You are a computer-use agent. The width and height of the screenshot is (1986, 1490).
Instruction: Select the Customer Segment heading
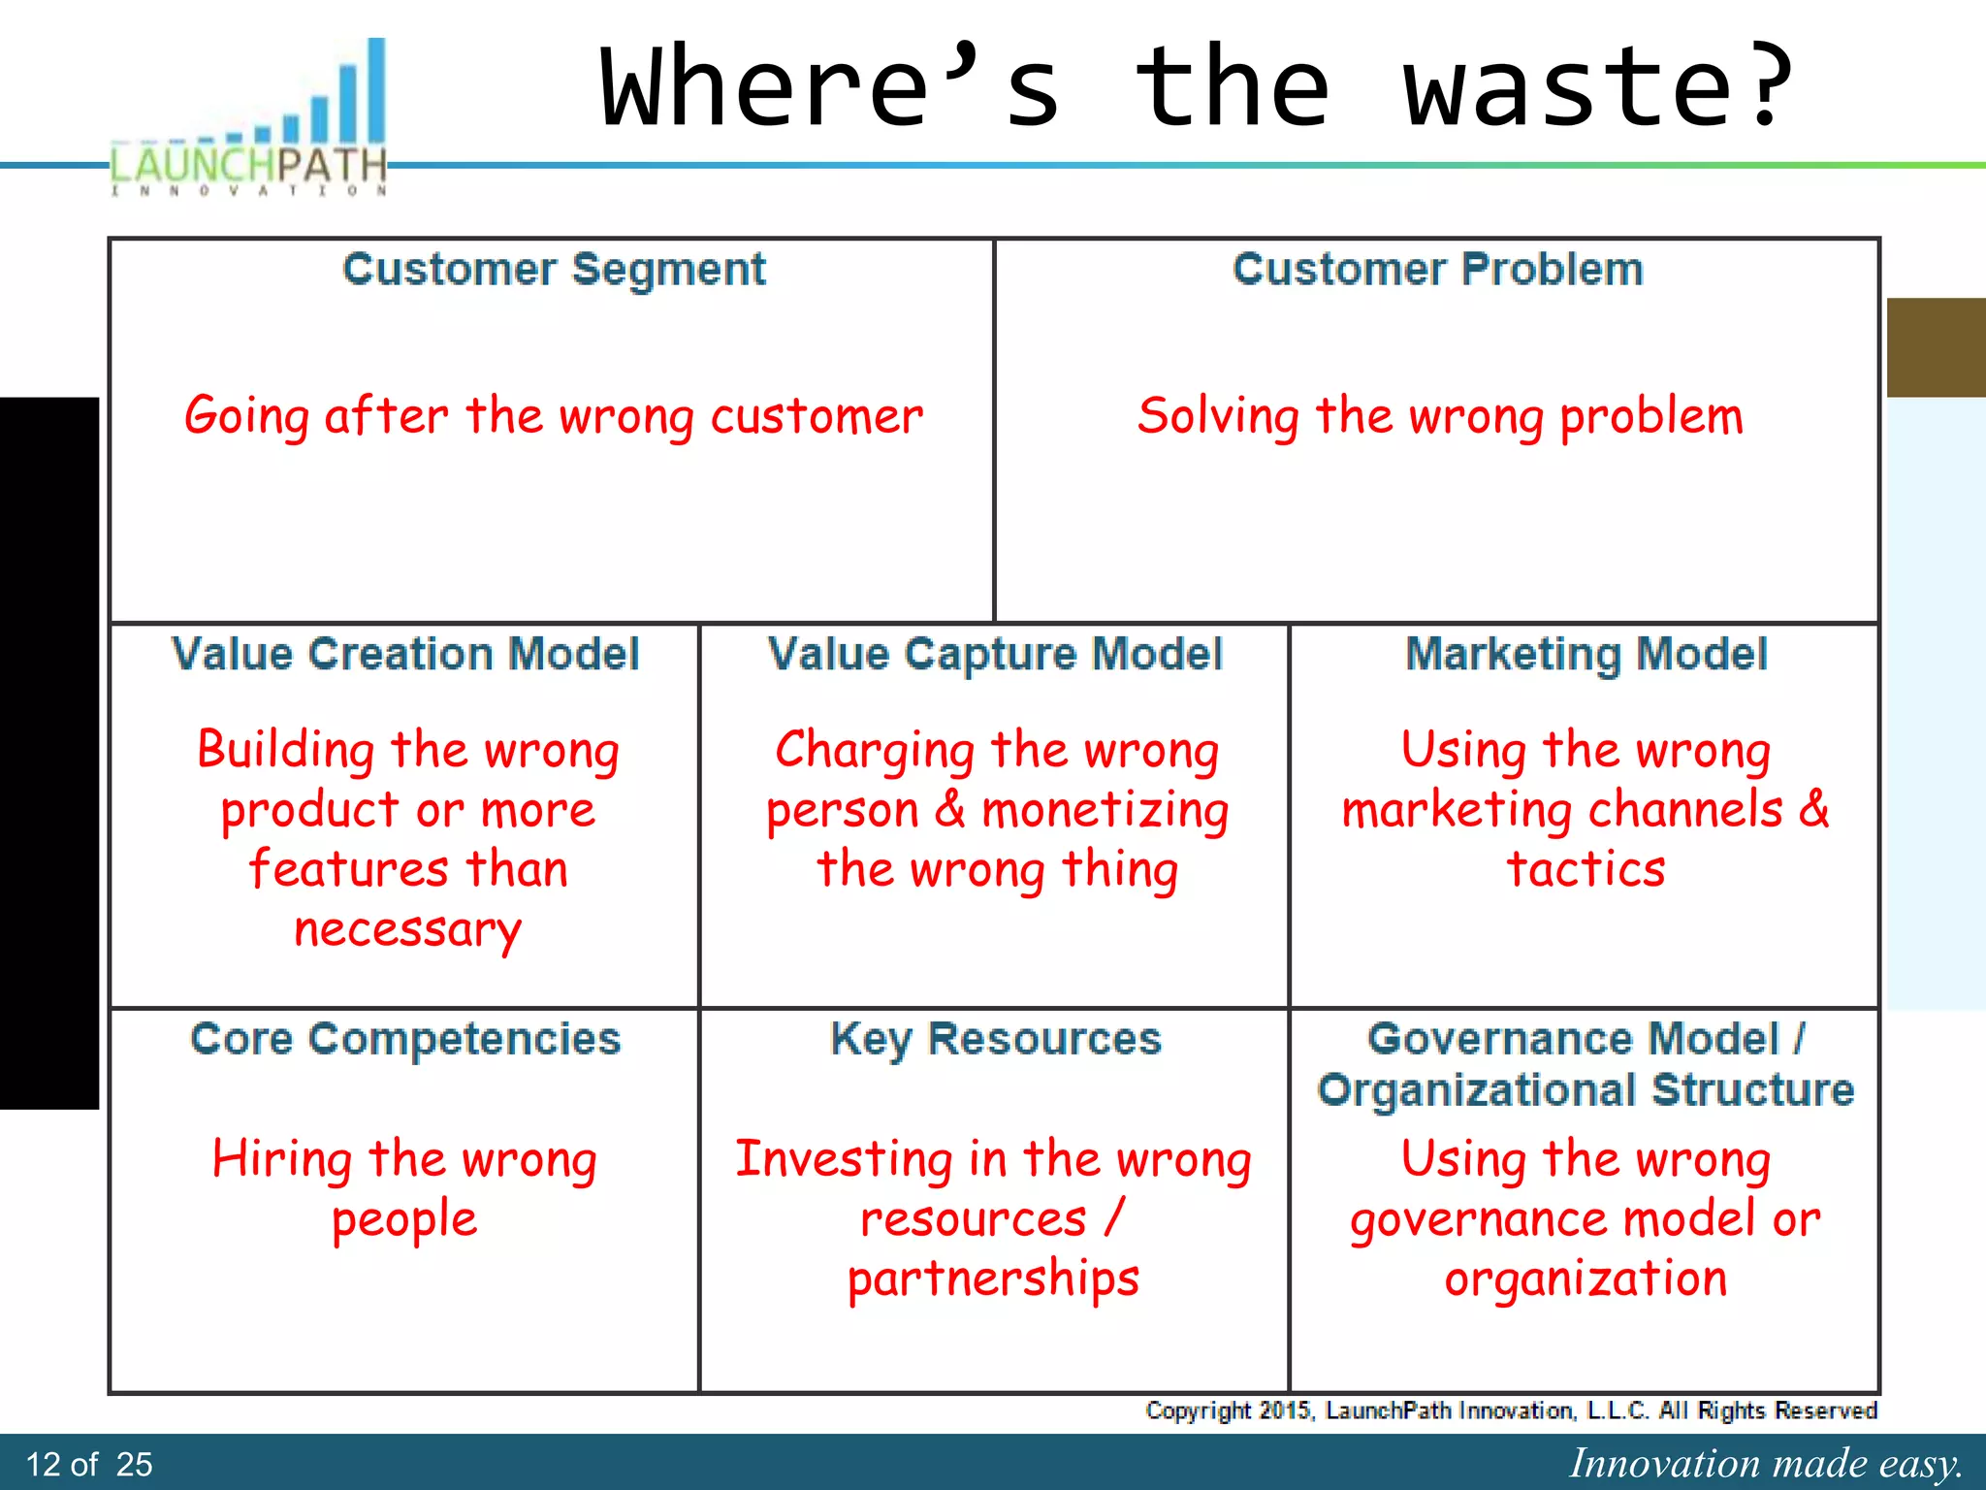[554, 269]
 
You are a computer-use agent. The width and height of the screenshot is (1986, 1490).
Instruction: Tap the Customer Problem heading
[1438, 269]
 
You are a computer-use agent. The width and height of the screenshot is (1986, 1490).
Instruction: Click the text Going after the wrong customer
[554, 416]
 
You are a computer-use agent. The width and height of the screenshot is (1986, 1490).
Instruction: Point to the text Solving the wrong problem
[1440, 416]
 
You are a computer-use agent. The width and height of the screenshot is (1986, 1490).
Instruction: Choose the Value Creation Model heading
[405, 654]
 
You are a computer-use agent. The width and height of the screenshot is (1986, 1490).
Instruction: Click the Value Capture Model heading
[995, 654]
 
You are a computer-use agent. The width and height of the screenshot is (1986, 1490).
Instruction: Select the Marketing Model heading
[1586, 654]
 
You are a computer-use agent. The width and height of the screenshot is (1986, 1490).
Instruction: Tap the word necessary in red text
[407, 929]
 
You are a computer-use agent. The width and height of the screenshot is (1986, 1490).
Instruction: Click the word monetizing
[1105, 811]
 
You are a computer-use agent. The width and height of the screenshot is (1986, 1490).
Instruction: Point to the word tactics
[1586, 869]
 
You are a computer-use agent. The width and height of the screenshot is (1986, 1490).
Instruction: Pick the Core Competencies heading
[405, 1039]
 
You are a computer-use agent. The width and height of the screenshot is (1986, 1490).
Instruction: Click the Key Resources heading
[996, 1039]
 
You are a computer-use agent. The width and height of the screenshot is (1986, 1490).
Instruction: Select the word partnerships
[993, 1279]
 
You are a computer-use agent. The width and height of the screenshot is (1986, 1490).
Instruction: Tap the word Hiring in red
[282, 1159]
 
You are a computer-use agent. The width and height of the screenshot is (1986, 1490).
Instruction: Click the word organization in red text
[1586, 1279]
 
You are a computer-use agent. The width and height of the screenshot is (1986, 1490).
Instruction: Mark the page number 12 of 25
[89, 1464]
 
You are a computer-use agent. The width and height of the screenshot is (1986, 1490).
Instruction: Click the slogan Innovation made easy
[1765, 1463]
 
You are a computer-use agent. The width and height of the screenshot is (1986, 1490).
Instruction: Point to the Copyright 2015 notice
[1511, 1410]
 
